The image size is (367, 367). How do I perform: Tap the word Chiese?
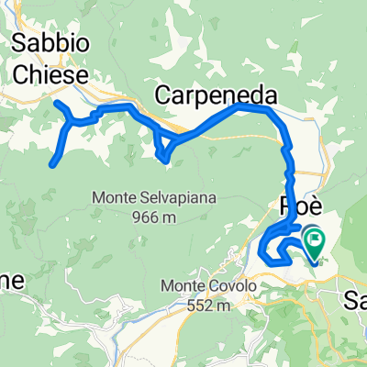click(x=50, y=72)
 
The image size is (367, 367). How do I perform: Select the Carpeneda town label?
click(x=217, y=94)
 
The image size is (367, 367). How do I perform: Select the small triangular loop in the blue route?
click(x=162, y=147)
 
